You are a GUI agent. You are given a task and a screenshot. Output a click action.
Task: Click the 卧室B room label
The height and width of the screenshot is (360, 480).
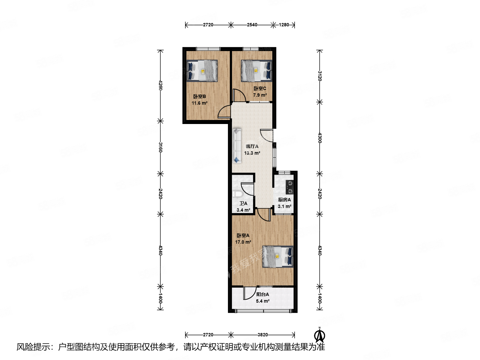[x=199, y=97]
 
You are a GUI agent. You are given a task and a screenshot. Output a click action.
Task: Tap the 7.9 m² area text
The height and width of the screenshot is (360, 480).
[x=260, y=95]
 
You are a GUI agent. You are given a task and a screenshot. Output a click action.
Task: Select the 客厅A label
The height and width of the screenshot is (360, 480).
[x=252, y=146]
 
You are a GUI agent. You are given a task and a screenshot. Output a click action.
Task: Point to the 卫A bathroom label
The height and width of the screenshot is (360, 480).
[x=243, y=203]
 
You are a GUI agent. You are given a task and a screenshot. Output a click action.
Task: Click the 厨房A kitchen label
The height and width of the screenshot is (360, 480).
[x=284, y=200]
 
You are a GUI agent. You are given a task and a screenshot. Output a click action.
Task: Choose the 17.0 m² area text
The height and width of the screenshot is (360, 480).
[x=243, y=242]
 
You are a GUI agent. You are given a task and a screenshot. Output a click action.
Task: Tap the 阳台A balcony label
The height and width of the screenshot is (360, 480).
[x=263, y=294]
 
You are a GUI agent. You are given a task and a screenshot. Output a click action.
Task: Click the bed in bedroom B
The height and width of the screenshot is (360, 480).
[x=202, y=71]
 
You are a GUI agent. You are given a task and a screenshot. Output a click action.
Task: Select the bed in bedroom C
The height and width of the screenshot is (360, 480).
[x=256, y=71]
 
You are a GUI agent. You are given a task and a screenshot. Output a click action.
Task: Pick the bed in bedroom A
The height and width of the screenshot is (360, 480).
[x=278, y=257]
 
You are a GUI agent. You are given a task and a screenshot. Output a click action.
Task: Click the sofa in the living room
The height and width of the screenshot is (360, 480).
[x=237, y=146]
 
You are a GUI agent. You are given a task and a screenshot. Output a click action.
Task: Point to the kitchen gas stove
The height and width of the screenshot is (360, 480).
[x=290, y=187]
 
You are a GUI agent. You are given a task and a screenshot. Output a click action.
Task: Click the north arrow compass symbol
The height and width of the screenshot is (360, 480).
[x=319, y=335]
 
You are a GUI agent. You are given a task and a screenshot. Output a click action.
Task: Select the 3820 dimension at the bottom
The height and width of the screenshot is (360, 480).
[x=262, y=335]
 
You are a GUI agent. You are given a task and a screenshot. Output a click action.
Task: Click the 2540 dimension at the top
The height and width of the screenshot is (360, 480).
[x=252, y=25]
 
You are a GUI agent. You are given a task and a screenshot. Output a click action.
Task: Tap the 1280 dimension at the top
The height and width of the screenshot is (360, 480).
[x=284, y=25]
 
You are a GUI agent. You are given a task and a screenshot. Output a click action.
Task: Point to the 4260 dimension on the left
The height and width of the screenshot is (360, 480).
[x=160, y=85]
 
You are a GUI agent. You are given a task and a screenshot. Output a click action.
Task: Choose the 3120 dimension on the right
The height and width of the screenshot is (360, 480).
[x=319, y=76]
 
